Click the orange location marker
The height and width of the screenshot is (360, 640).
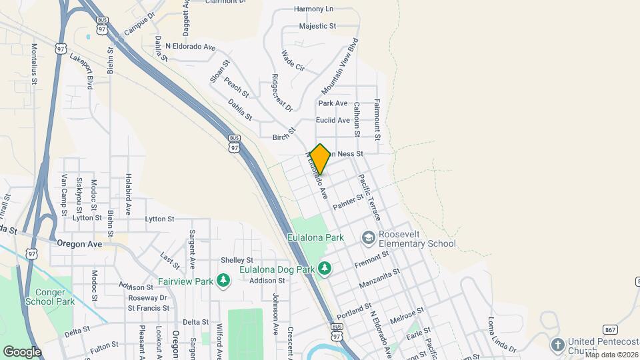point(320,159)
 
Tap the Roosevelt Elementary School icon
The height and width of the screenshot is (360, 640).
point(368,237)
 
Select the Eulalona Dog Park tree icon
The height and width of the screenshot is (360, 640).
point(325,268)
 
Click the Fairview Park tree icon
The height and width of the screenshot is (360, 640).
point(223,281)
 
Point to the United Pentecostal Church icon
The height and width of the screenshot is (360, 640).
point(557,345)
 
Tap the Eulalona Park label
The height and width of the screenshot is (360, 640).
point(315,237)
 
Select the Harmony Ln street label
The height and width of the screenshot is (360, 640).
point(313,10)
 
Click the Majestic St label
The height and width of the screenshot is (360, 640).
point(317,26)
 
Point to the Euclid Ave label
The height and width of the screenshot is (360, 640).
point(333,121)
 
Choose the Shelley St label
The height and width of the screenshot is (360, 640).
point(237,260)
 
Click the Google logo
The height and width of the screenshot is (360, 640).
point(22,351)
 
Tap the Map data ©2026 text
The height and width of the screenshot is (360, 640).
point(611,355)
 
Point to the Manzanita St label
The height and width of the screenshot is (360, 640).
point(379,279)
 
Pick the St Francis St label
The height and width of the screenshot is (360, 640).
point(148,308)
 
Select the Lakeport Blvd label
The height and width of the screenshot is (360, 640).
point(81,71)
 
